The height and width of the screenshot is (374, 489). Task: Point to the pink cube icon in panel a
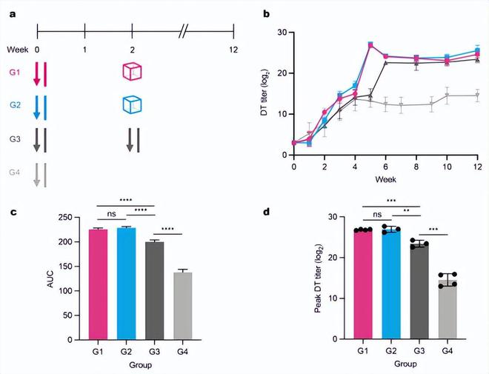coord(132,72)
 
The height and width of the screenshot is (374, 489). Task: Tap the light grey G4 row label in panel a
coord(15,174)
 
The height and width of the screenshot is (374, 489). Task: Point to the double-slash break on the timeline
coord(184,31)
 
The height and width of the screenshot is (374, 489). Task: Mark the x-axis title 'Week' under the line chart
coord(385,178)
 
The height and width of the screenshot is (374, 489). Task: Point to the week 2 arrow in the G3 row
coord(130,140)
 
